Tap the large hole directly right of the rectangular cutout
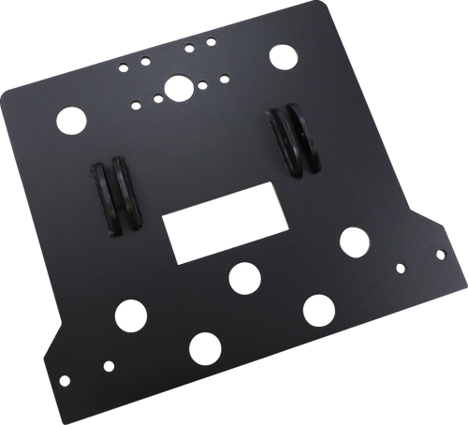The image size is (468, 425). click(353, 241)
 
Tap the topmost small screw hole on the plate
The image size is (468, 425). click(211, 40)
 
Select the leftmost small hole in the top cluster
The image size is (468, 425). click(123, 66)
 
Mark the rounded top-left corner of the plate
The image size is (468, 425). click(11, 92)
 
